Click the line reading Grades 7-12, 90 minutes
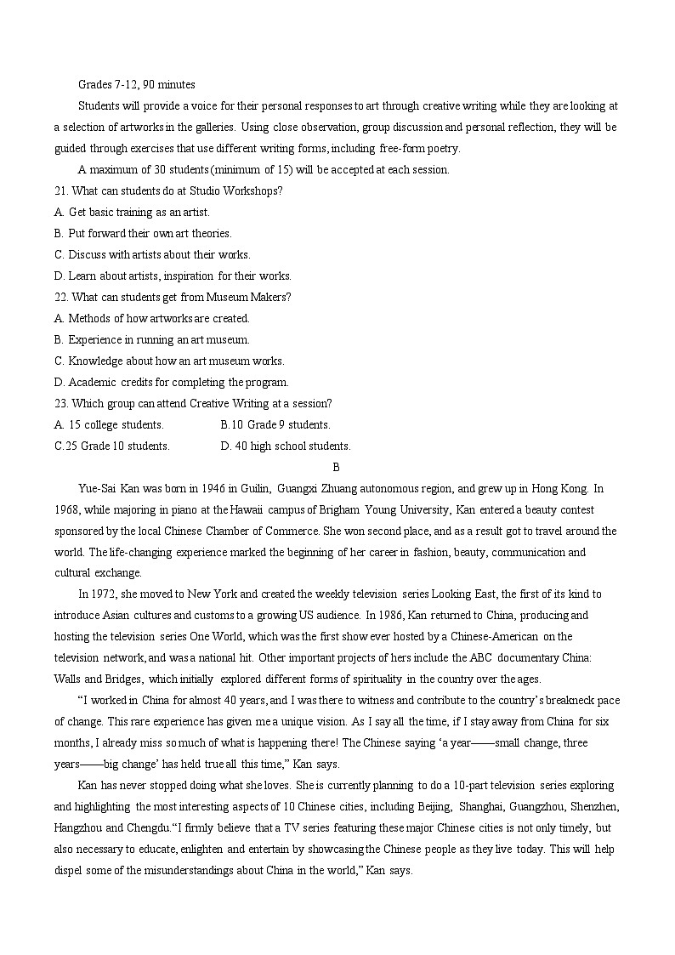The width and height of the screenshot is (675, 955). [x=136, y=84]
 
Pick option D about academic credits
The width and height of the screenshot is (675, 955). [x=171, y=382]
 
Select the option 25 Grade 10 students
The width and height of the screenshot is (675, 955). [x=111, y=446]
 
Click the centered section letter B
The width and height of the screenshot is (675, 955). [x=337, y=467]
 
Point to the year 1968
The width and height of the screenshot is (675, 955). [x=65, y=510]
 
